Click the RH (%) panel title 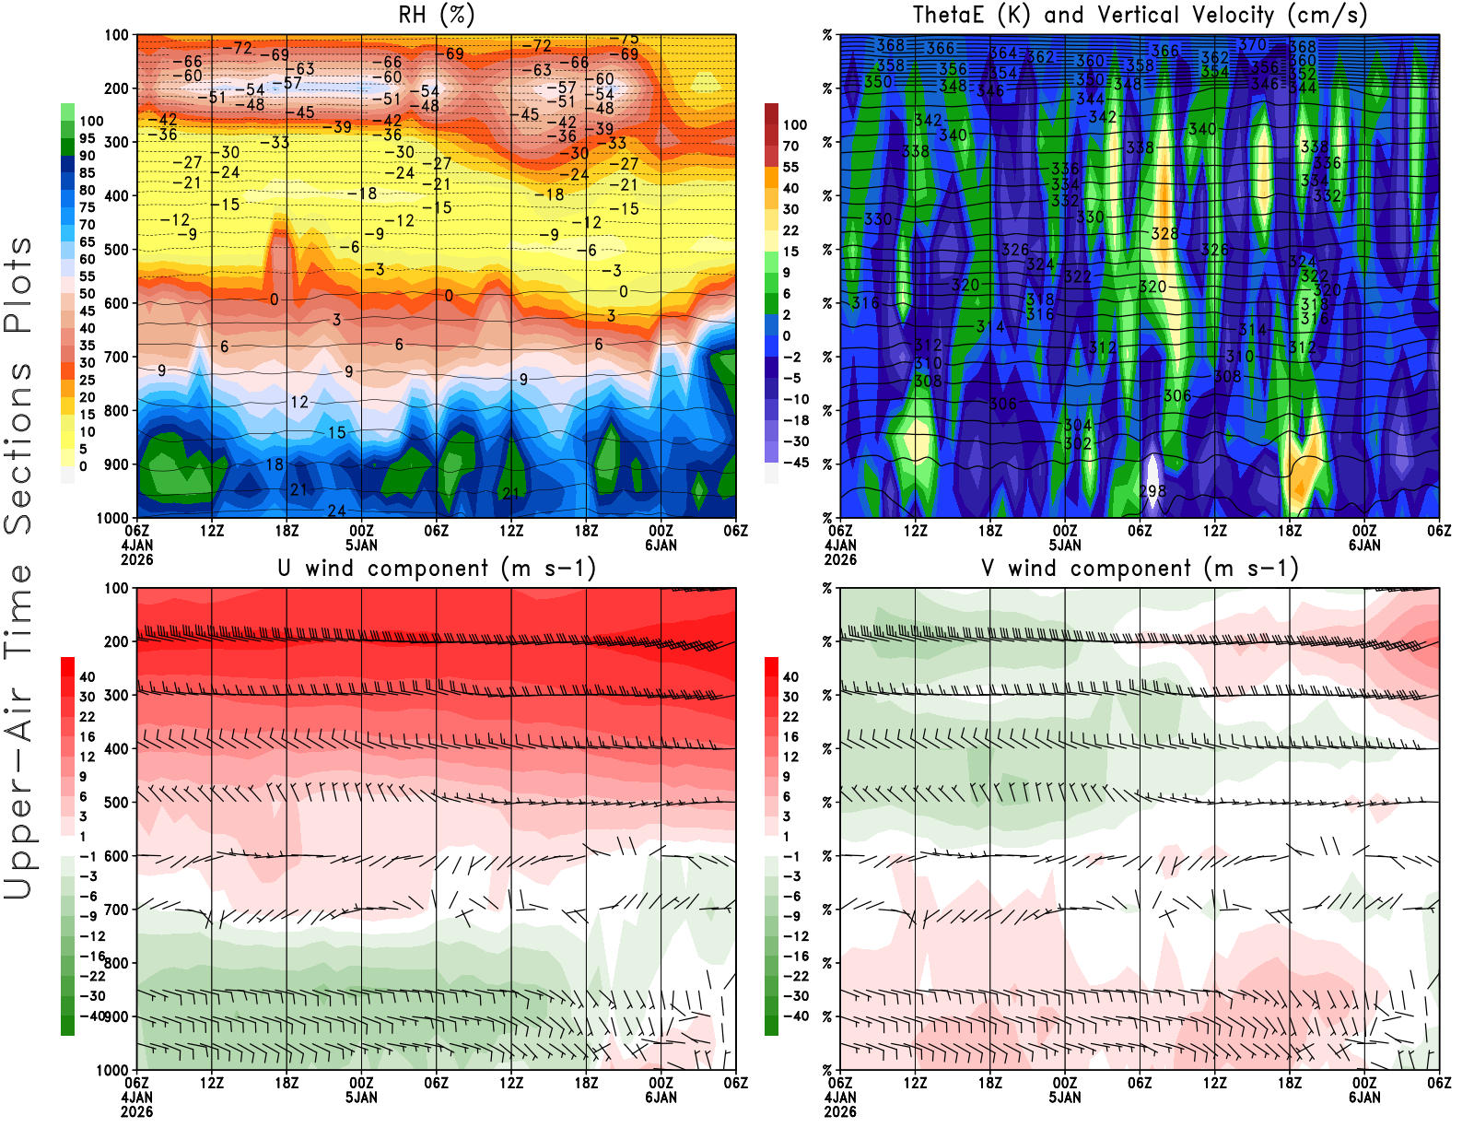437,15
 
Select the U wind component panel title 437,568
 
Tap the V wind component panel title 1140,568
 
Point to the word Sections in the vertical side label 18,448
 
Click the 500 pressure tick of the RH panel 116,250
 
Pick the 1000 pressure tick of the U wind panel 112,1070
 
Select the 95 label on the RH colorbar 88,138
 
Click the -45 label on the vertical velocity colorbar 794,463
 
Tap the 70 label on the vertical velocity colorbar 790,146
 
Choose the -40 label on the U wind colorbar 91,1016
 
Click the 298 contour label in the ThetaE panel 1152,491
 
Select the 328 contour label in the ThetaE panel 1164,234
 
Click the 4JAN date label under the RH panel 137,545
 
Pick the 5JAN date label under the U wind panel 361,1098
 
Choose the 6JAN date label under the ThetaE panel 1364,545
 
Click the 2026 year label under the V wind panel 840,1112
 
